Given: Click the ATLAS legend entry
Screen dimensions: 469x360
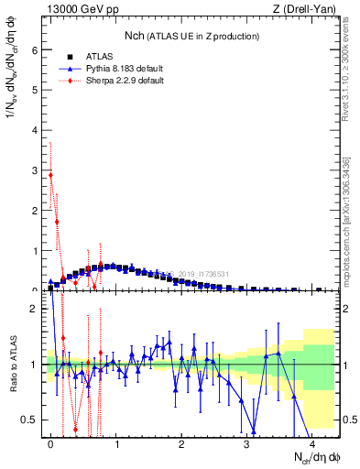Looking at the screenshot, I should tap(100, 56).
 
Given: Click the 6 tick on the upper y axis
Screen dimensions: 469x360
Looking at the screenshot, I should tap(37, 51).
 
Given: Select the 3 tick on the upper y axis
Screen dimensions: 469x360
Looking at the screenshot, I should tap(37, 170).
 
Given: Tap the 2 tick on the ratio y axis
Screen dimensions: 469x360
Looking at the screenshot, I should tap(37, 309).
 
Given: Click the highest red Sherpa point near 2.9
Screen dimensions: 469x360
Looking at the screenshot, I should tap(50, 174).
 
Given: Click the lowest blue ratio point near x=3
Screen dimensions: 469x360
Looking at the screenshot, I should tap(254, 431).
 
